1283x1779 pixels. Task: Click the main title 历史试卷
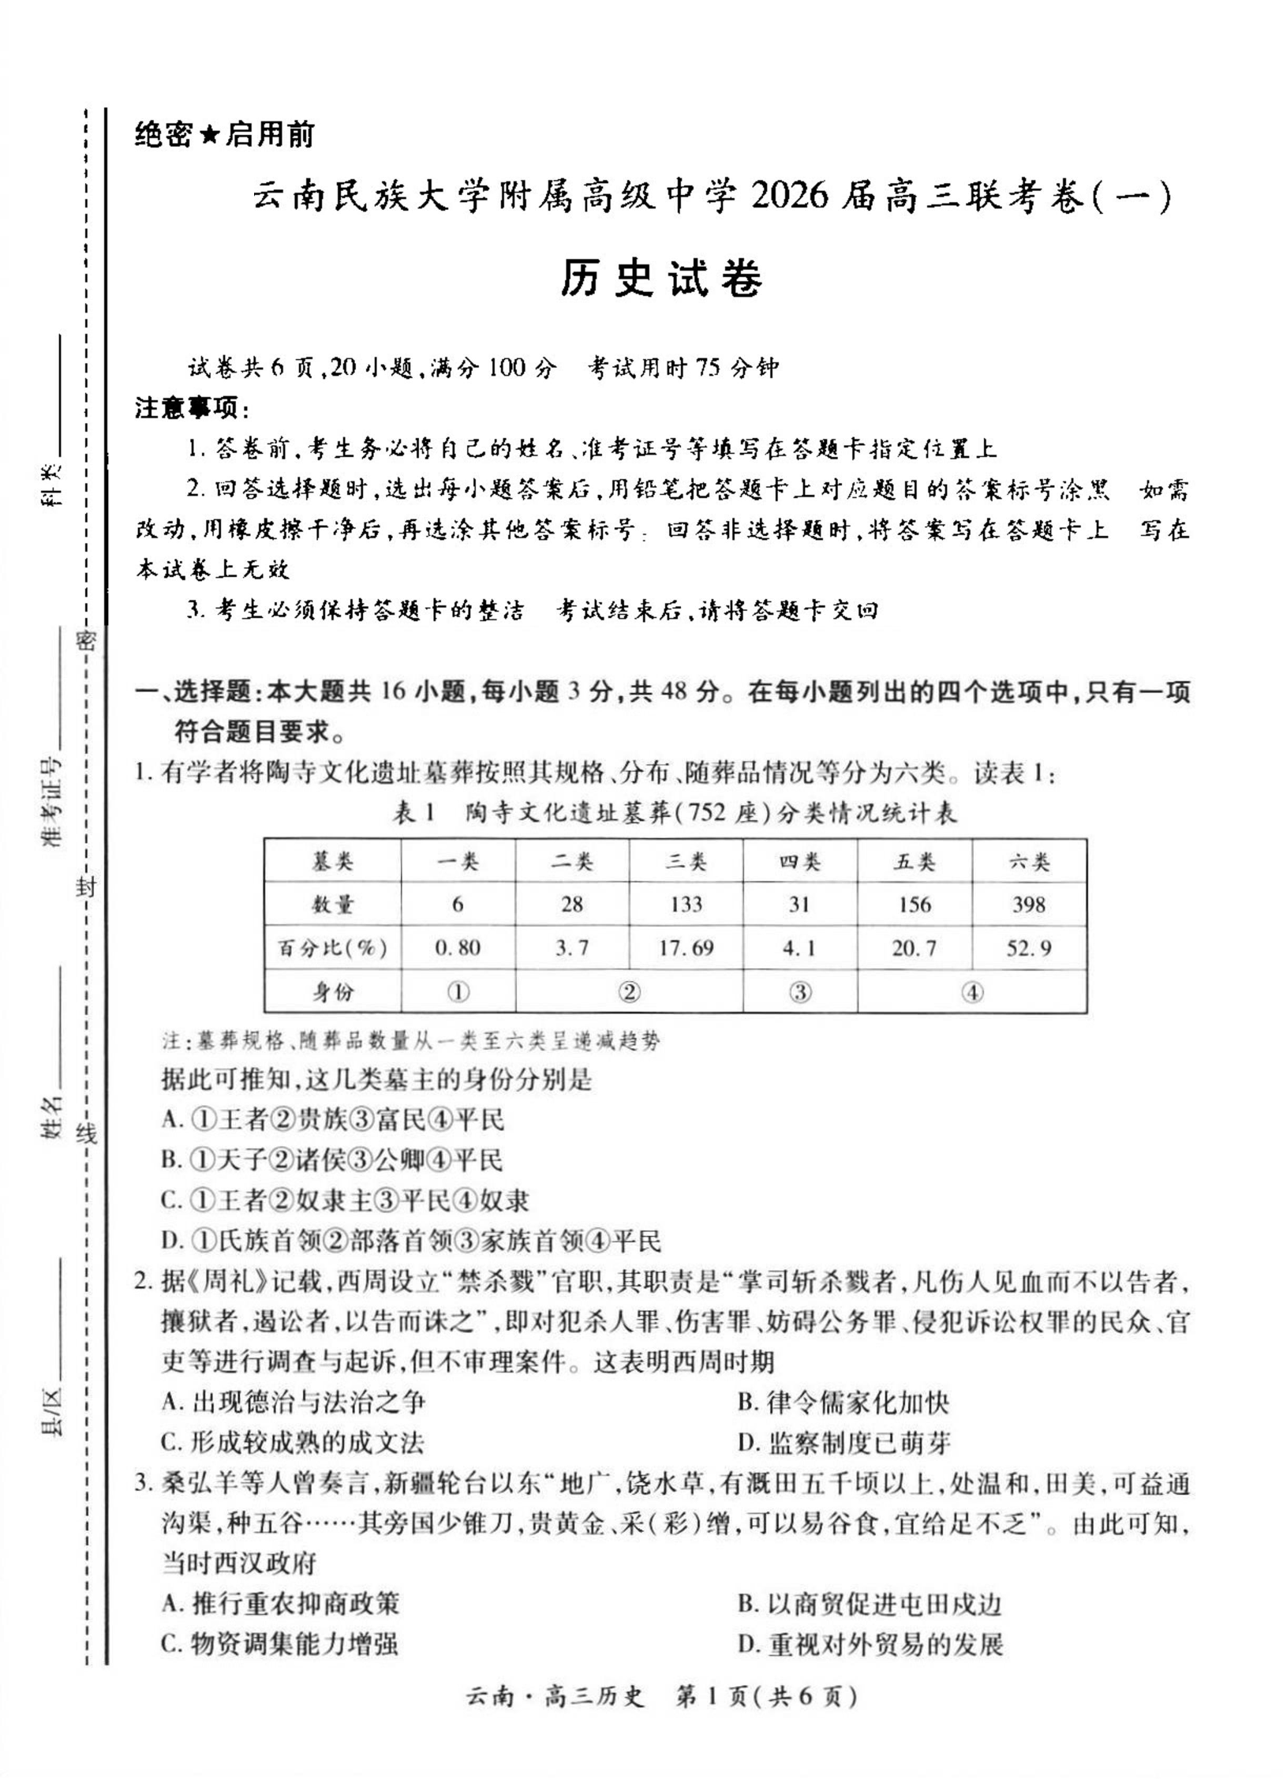(x=661, y=279)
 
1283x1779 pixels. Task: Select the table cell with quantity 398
(x=1029, y=904)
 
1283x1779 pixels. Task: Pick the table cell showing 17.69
(x=686, y=947)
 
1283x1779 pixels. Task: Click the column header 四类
(x=799, y=861)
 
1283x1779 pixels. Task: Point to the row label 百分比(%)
(x=332, y=947)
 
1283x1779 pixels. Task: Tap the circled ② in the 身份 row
(x=629, y=991)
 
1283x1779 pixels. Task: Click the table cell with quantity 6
(x=458, y=904)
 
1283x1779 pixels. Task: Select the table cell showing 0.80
(x=458, y=947)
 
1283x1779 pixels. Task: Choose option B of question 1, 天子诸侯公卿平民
(x=331, y=1160)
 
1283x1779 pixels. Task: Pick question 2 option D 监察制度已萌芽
(x=844, y=1444)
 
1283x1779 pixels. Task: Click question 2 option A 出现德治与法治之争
(x=294, y=1403)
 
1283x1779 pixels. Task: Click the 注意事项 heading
(x=192, y=409)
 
